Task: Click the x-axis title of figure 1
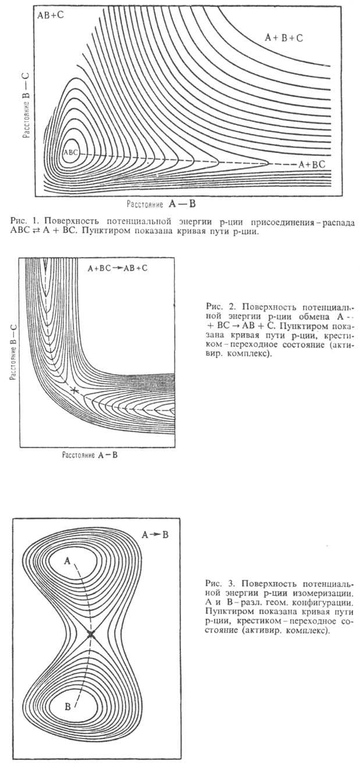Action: coord(169,204)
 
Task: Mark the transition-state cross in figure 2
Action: coord(73,390)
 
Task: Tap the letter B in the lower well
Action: coord(67,707)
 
